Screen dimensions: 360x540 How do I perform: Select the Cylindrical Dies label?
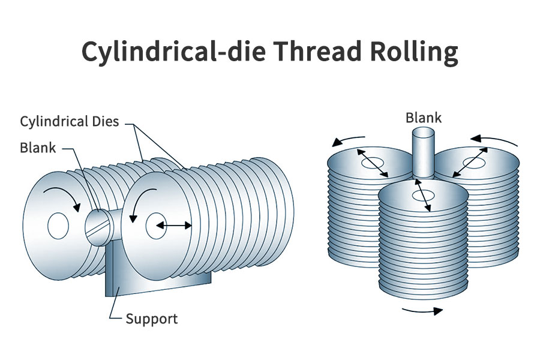pyautogui.click(x=70, y=122)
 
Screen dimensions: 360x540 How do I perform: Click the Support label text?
pyautogui.click(x=151, y=318)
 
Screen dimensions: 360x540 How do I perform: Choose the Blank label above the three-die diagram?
pyautogui.click(x=423, y=117)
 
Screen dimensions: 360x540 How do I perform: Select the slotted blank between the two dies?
pyautogui.click(x=98, y=226)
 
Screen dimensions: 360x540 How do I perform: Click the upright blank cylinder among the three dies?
pyautogui.click(x=424, y=153)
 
